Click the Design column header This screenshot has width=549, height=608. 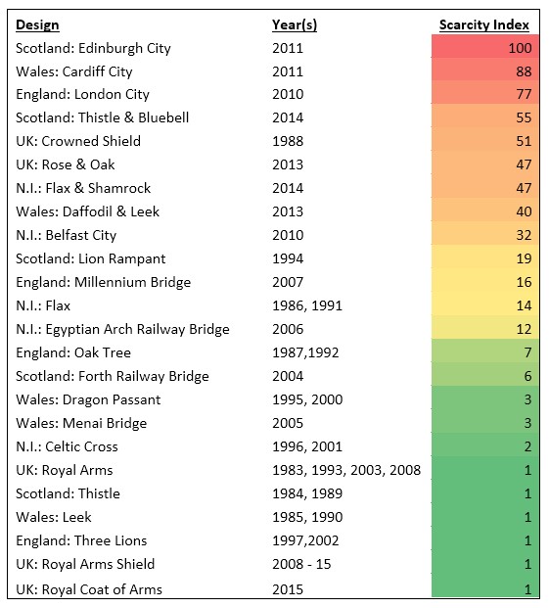(x=37, y=24)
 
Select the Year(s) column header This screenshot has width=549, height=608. (x=295, y=24)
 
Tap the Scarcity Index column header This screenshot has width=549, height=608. (x=483, y=24)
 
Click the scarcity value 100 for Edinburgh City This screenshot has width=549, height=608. (x=520, y=48)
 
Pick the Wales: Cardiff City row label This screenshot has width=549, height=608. (x=74, y=71)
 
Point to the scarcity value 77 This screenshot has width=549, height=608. (x=524, y=94)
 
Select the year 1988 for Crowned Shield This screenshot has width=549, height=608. (x=288, y=141)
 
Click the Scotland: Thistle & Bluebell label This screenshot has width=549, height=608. (x=103, y=117)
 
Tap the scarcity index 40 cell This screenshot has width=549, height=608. (x=524, y=211)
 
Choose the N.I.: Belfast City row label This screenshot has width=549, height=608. (x=66, y=235)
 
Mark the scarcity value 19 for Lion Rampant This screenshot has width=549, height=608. (x=524, y=258)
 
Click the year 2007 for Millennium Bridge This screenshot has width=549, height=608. (x=288, y=282)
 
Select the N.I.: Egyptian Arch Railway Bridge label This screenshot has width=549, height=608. (x=122, y=330)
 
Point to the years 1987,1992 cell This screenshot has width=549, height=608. (x=305, y=352)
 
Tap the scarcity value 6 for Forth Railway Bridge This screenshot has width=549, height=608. (x=527, y=376)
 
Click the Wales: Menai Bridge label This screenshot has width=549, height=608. (x=81, y=423)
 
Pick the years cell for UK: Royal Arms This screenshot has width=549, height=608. (x=346, y=470)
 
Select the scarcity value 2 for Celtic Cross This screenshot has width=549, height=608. (x=527, y=446)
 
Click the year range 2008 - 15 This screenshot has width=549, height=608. (x=301, y=564)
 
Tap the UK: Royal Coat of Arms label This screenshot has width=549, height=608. (x=89, y=589)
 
